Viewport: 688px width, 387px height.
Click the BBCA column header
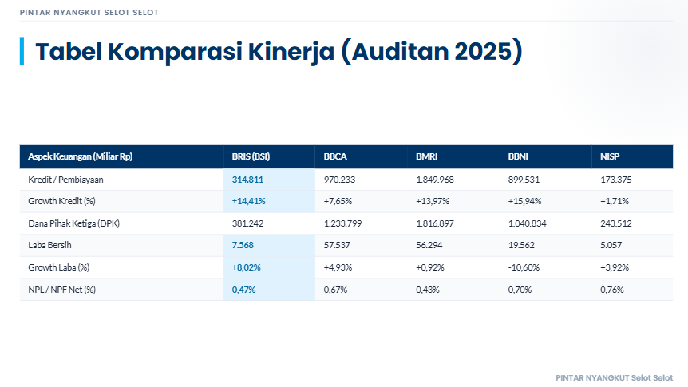coord(335,156)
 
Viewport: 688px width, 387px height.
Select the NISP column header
coord(610,156)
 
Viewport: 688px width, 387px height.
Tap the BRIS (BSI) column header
coord(251,156)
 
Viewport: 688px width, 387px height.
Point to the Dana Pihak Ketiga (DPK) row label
coord(73,223)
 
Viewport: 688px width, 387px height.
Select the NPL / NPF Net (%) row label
coord(61,290)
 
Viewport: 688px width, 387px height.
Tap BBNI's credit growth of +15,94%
coord(525,201)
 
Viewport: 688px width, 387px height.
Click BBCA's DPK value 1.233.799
coord(343,223)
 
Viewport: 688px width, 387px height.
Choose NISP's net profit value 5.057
coord(611,245)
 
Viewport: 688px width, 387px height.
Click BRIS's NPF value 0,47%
coord(243,290)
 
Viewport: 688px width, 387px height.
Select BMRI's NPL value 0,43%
coord(427,290)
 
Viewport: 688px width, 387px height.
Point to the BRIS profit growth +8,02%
coord(247,267)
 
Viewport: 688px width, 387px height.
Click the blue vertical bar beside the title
coord(22,51)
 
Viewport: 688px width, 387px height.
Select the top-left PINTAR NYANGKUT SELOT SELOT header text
coord(89,13)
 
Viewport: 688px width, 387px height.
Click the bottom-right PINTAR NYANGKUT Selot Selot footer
coord(614,377)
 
